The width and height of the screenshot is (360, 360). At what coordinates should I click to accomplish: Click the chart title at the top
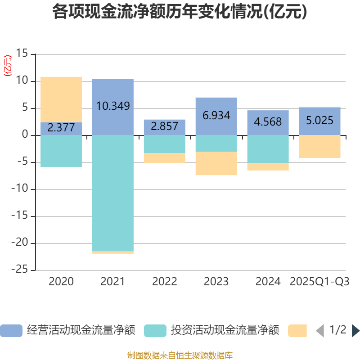pos(180,12)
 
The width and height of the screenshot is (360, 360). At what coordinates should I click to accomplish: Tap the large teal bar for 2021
pos(112,193)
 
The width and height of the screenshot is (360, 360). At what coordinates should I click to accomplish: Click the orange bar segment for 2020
pos(61,99)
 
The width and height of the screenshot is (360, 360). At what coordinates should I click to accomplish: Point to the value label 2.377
pos(61,128)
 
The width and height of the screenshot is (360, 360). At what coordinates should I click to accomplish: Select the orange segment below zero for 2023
pos(216,163)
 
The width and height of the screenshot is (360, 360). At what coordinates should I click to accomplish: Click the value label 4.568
pos(268,122)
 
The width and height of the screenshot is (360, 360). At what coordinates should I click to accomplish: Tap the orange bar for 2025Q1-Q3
pos(319,146)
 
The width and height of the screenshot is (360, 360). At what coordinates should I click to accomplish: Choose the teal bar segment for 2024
pos(268,149)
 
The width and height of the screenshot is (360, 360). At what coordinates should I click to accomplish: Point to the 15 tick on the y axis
pos(22,54)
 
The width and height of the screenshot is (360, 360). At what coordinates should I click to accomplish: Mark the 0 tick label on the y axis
pos(25,135)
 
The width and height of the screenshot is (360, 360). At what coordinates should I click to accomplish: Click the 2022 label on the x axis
pos(165,282)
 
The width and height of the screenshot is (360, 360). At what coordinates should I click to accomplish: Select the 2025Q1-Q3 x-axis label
pos(319,282)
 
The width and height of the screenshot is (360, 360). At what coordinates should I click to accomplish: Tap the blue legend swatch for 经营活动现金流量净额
pos(11,331)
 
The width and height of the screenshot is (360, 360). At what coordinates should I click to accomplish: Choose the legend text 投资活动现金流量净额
pos(225,331)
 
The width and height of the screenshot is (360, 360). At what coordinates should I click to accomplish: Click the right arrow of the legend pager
pos(355,331)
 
